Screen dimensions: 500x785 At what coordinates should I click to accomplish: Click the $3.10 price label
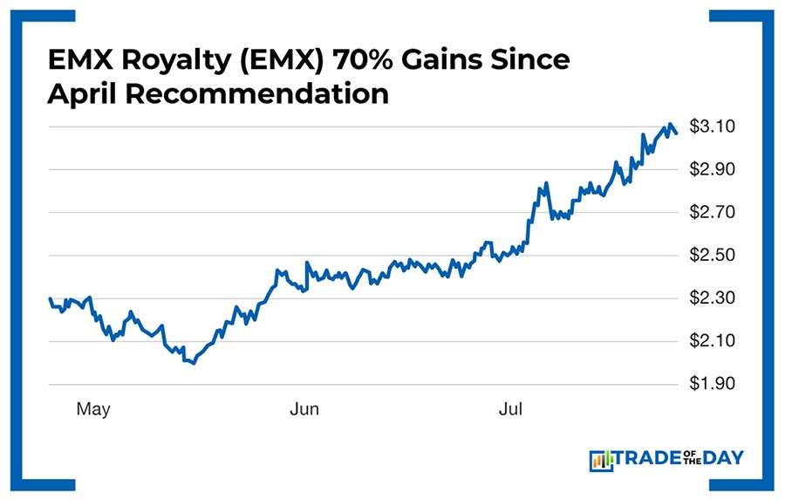click(712, 127)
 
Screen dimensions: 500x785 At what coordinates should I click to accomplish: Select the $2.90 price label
click(712, 168)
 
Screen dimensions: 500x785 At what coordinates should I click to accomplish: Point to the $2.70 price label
click(712, 212)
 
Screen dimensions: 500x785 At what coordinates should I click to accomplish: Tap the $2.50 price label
click(712, 256)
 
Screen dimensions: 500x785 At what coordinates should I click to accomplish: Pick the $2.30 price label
click(712, 298)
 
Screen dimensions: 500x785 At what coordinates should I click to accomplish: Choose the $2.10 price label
click(712, 341)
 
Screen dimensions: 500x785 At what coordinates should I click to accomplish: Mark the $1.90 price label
click(712, 384)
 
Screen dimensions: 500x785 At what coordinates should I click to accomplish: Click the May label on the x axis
click(93, 409)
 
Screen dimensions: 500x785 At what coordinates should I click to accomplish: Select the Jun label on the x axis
click(305, 409)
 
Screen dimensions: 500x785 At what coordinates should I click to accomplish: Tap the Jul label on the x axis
click(510, 409)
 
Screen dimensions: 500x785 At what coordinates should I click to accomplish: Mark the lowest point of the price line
click(192, 363)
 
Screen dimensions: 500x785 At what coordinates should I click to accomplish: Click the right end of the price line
click(676, 132)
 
